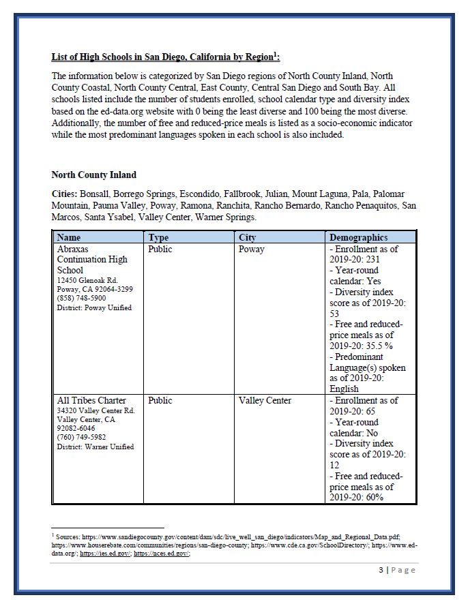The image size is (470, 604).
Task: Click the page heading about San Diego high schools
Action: [x=166, y=57]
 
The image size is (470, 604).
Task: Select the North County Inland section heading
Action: [x=93, y=175]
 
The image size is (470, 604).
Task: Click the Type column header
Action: [x=158, y=237]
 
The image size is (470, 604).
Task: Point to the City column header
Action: [x=248, y=237]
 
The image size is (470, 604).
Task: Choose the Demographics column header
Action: [x=358, y=237]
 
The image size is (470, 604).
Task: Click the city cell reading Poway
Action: [x=252, y=249]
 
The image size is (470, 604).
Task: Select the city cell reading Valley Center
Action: [x=265, y=400]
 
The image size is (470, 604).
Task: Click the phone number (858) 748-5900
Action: [x=81, y=298]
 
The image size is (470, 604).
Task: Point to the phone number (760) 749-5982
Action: [x=81, y=438]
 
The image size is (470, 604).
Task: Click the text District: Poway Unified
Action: [x=94, y=307]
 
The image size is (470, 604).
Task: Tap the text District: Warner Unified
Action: [x=96, y=447]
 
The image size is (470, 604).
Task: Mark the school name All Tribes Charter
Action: [x=91, y=400]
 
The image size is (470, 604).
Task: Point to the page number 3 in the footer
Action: [x=381, y=570]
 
